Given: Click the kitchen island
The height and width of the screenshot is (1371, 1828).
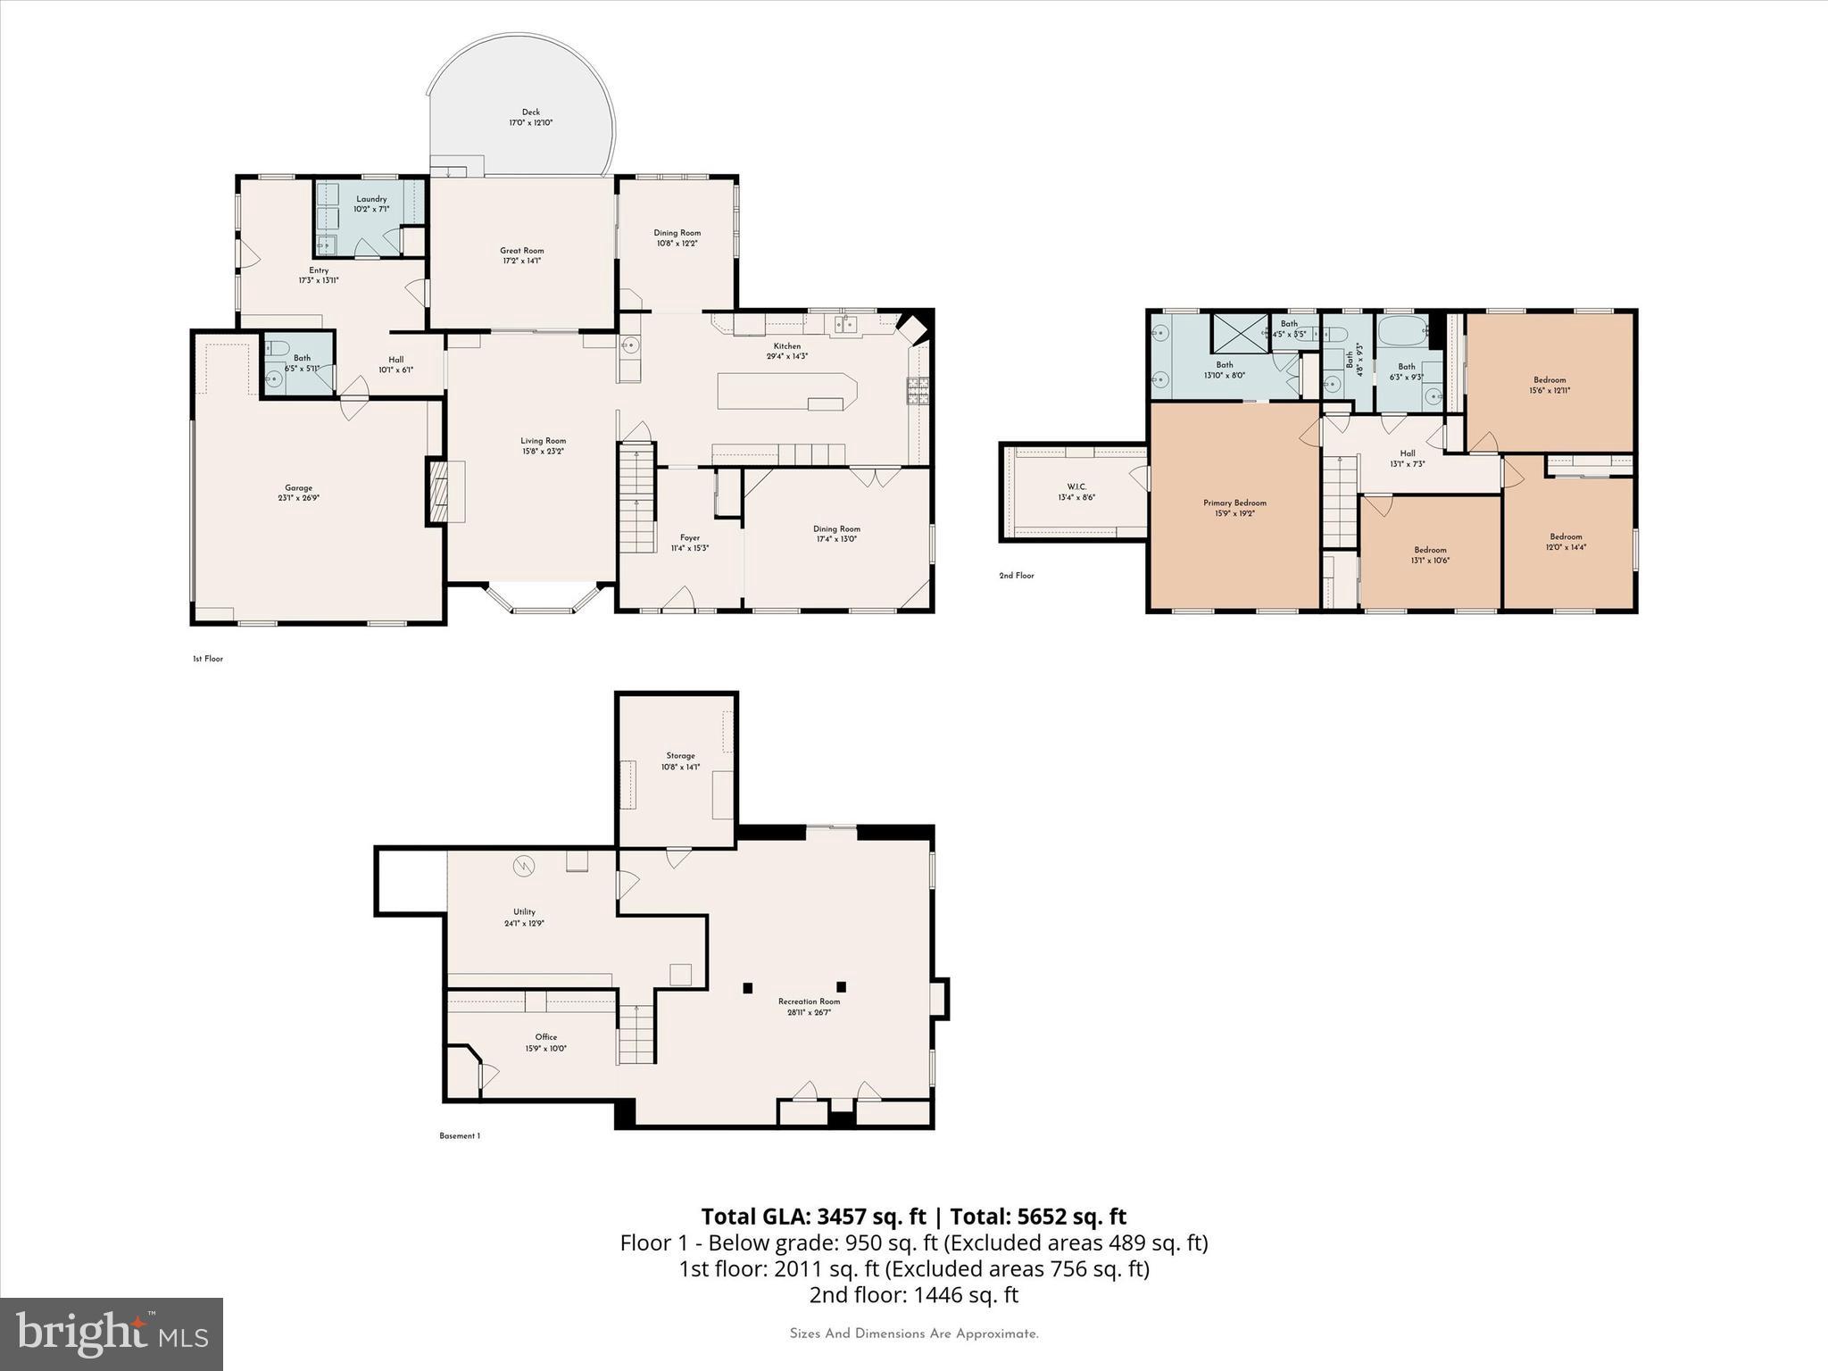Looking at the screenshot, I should coord(785,392).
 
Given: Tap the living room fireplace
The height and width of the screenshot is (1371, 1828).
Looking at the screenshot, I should coord(439,491).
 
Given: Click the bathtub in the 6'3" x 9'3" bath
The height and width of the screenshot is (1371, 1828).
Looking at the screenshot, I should coord(1403,334).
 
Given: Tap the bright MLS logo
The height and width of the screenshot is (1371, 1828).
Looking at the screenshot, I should coord(112,1334).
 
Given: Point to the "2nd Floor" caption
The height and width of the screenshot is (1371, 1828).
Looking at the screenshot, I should coord(1016,576).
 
